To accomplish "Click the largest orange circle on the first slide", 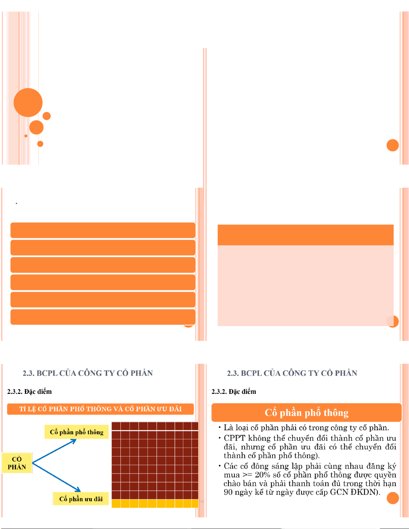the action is pos(28,102).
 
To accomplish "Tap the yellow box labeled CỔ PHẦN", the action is pos(17,463).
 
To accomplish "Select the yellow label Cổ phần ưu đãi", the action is pos(81,499).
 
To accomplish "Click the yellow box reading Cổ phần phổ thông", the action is pos(76,432).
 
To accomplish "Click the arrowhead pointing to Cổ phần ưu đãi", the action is pos(78,489).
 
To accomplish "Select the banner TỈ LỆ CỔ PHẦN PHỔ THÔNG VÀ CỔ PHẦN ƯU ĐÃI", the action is pos(100,409).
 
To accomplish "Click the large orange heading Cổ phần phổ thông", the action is pos(306,413).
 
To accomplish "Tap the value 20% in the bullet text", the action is pos(262,475).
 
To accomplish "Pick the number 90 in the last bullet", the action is pos(228,492).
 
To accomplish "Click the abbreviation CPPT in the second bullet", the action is pos(235,438).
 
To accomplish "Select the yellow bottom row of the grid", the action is pos(155,503).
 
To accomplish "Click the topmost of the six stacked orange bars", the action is pos(103,230).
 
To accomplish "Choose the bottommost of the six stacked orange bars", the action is pos(103,317).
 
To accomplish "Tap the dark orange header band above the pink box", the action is pos(305,235).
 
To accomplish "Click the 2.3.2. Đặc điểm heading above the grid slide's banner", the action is pos(29,391).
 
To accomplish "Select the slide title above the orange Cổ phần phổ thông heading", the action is pos(292,373).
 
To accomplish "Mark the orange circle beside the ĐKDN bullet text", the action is pos(393,498).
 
